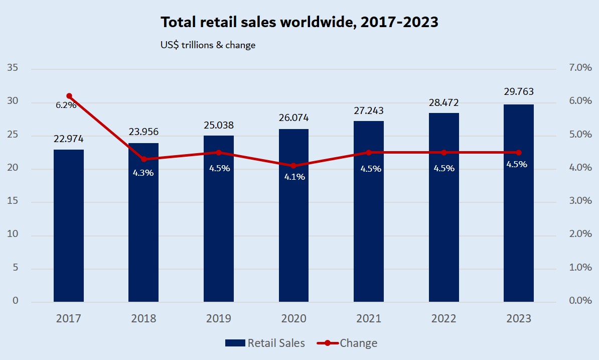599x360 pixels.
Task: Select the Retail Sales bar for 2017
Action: (x=69, y=226)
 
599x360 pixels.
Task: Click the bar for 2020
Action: (x=294, y=216)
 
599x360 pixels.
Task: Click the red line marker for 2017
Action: (x=69, y=96)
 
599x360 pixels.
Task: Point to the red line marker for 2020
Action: (x=294, y=166)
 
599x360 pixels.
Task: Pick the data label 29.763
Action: (x=519, y=92)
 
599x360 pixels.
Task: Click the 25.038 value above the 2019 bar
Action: (x=219, y=125)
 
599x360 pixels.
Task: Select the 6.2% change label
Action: (x=66, y=105)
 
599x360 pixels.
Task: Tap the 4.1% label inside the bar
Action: (x=294, y=177)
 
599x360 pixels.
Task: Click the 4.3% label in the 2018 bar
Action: (x=143, y=173)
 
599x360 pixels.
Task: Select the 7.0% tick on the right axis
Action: (x=580, y=68)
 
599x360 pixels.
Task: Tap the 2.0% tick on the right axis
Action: (x=580, y=234)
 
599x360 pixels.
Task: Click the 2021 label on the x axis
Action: (x=369, y=319)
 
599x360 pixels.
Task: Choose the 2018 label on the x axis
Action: (x=143, y=319)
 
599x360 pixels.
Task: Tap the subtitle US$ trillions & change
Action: (x=208, y=45)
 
